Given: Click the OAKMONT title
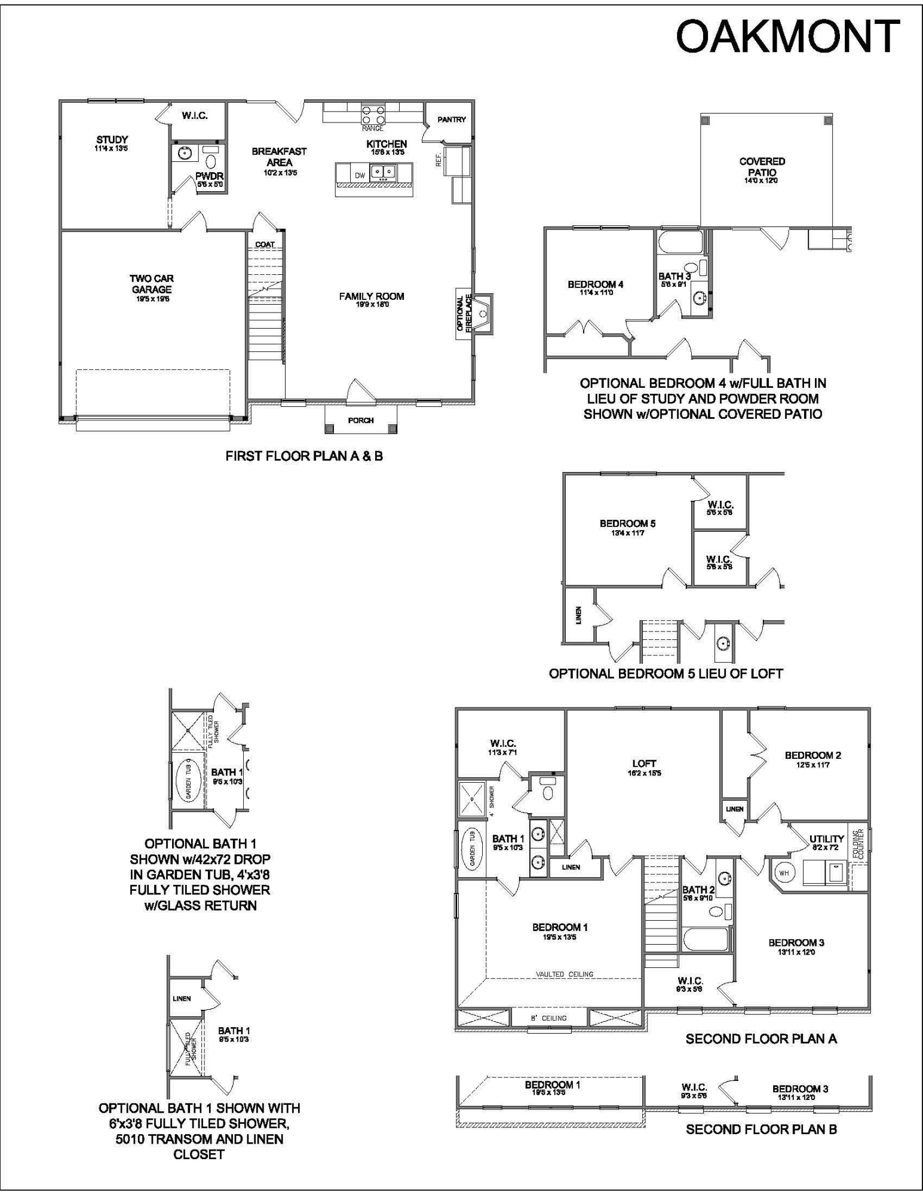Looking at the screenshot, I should click(787, 37).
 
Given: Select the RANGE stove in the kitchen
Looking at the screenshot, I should click(372, 113).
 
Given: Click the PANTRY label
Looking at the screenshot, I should click(452, 119).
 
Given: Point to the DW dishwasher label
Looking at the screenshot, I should click(360, 176).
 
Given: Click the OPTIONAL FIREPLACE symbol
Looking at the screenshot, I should click(483, 313).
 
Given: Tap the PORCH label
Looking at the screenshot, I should click(361, 420).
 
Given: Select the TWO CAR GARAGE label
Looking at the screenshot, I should click(152, 284).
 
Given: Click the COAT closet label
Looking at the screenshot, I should click(265, 244).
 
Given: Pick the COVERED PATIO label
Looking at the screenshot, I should click(762, 167).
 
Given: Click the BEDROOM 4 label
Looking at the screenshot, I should click(595, 284).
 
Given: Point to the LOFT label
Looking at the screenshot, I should click(644, 763).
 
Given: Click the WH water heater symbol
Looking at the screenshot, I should click(784, 873).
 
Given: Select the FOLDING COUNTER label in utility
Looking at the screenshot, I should click(858, 843).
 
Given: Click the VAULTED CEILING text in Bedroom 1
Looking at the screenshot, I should click(565, 974).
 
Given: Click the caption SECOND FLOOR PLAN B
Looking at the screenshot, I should click(761, 1129).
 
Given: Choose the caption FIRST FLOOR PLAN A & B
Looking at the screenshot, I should click(303, 456).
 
